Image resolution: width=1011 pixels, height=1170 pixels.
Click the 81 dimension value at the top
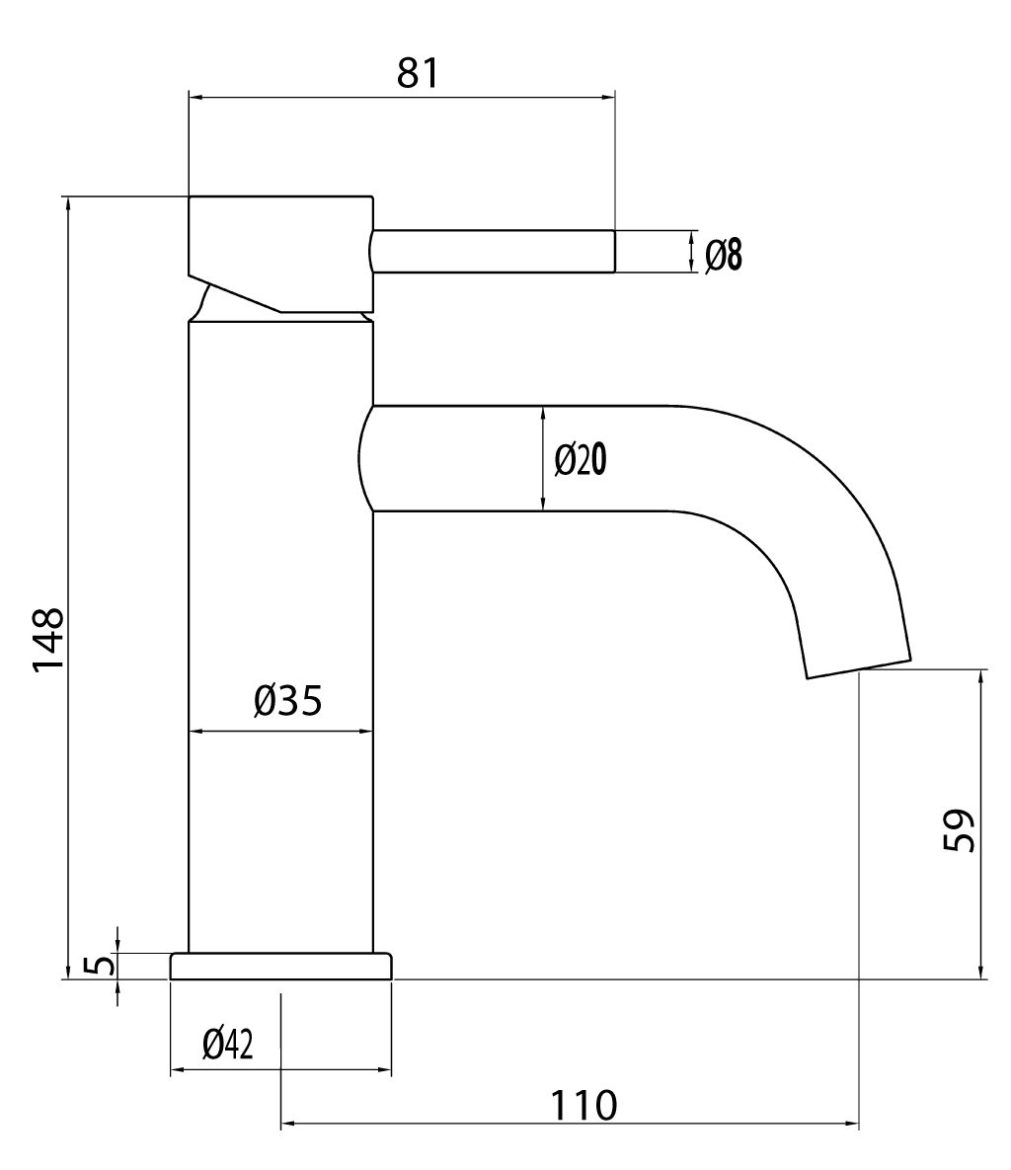pos(418,73)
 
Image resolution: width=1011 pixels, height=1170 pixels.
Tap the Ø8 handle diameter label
pos(724,255)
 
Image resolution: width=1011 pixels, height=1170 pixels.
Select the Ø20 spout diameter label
pos(581,459)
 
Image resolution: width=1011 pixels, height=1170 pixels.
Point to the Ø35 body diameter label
pos(288,700)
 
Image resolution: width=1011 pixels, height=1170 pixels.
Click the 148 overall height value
pos(48,641)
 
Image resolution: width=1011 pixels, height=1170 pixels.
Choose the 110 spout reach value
pos(584,1105)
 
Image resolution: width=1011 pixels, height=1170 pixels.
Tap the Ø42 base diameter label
pos(227,1044)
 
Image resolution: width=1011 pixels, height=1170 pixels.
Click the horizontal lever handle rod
pos(492,252)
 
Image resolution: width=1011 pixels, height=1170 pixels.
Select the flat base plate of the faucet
pos(281,967)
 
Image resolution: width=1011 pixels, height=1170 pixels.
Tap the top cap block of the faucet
pos(280,255)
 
